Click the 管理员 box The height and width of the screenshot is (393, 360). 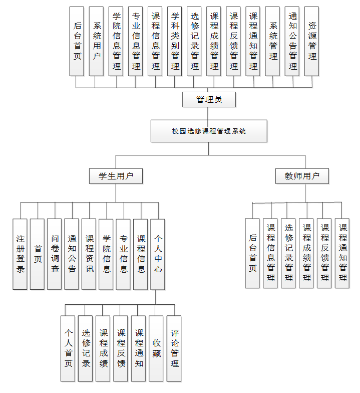click(208, 100)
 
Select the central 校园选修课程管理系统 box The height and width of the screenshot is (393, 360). click(209, 131)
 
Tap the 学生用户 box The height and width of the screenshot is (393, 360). click(116, 176)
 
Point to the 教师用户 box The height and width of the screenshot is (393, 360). click(302, 176)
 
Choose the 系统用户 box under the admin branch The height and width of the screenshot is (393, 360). click(97, 41)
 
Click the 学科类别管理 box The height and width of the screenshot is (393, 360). click(175, 41)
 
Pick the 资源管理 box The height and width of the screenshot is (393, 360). click(312, 41)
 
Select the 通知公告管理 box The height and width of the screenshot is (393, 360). click(292, 41)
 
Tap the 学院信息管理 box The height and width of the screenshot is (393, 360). click(116, 41)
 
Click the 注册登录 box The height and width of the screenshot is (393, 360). click(20, 254)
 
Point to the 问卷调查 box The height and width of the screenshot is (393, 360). click(55, 254)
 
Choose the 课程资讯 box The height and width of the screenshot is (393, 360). click(89, 254)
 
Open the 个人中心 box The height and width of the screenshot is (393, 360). click(158, 254)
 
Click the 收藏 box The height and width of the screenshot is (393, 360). click(156, 348)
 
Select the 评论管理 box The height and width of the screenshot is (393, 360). click(174, 348)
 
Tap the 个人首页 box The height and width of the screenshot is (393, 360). click(68, 348)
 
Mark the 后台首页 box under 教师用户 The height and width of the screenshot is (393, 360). click(252, 253)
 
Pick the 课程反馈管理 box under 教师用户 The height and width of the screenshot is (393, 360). click(324, 253)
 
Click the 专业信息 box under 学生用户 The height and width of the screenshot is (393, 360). click(123, 254)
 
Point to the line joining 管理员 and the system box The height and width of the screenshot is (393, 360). click(208, 113)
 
